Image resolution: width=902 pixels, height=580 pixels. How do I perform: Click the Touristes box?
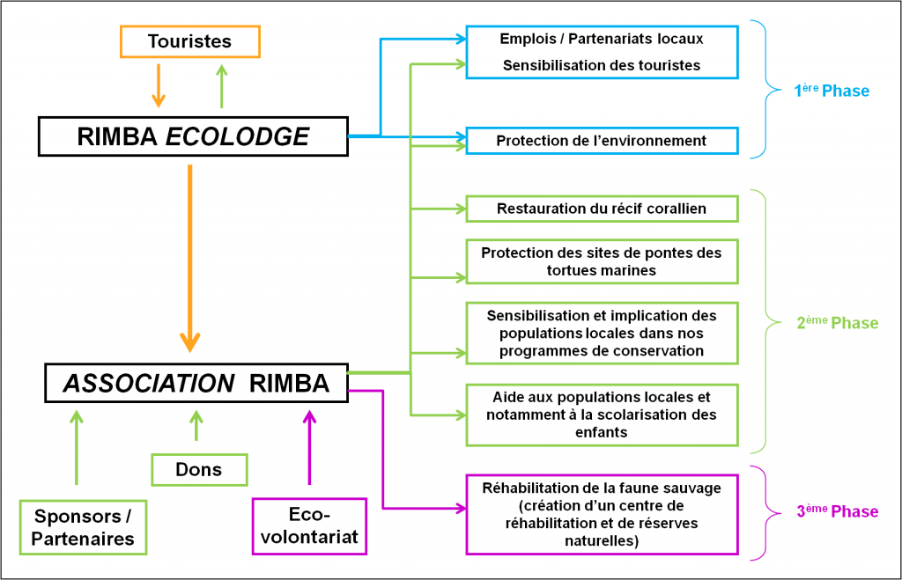point(189,41)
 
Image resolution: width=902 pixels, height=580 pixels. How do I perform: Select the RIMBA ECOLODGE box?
point(194,136)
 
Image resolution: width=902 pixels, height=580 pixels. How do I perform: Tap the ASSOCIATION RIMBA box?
point(196,384)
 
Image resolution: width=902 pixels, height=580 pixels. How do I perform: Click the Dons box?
point(199,469)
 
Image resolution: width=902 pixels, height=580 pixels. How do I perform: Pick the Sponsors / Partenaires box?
point(83,527)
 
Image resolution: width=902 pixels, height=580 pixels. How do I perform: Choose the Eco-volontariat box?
point(309,526)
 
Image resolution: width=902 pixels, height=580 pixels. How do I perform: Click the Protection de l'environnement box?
point(601,141)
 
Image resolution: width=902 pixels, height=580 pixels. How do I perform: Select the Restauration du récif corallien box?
point(601,209)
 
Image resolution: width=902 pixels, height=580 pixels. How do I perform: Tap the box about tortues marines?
point(601,261)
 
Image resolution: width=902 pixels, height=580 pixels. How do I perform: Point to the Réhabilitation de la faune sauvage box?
point(601,514)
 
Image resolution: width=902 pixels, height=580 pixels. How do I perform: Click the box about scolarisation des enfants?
point(601,414)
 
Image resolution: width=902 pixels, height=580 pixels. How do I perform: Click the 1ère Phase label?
point(832,91)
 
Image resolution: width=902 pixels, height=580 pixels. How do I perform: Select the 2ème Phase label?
point(837,323)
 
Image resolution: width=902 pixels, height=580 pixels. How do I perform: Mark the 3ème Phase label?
point(837,512)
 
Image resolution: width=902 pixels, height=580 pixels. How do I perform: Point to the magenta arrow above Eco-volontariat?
point(309,447)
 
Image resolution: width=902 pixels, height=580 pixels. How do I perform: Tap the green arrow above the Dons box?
point(196,425)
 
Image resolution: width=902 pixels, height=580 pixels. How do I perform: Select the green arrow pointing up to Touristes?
point(221,84)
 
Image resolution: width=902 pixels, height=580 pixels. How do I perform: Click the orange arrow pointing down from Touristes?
point(158,84)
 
